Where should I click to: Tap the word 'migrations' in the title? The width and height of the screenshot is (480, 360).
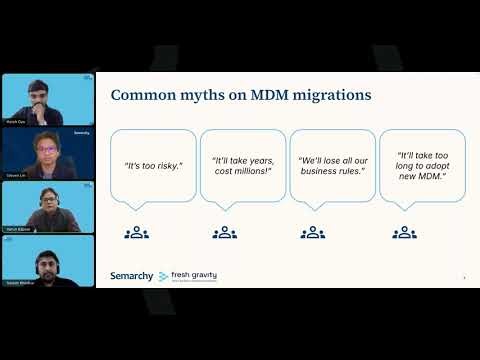[x=333, y=96]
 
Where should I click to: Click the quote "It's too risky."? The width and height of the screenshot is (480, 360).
[x=152, y=164]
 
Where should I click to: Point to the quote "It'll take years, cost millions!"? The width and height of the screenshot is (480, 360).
[x=242, y=164]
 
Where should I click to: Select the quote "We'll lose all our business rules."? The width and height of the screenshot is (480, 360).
[x=332, y=164]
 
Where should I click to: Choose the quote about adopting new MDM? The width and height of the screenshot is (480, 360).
[x=421, y=164]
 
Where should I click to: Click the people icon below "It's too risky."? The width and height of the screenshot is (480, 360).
[x=136, y=232]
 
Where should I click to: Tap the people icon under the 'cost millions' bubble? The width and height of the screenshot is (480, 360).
[x=225, y=232]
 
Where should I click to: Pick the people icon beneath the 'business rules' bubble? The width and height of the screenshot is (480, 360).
[x=314, y=232]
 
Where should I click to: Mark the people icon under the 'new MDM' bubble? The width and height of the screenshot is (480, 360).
[x=404, y=232]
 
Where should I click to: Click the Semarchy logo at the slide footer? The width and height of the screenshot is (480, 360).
[x=131, y=276]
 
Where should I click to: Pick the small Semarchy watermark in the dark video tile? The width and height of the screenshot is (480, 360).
[x=82, y=133]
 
